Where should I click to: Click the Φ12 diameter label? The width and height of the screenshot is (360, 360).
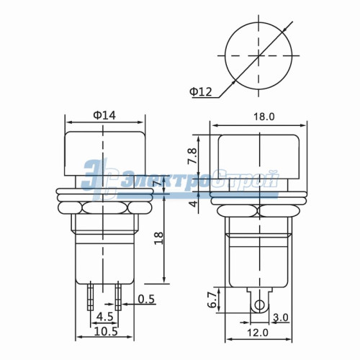pos(201,91)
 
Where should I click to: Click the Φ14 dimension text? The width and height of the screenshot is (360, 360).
pos(104,113)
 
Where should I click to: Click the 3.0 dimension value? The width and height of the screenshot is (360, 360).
pos(280,317)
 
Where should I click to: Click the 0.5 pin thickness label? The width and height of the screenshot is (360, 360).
pos(146,299)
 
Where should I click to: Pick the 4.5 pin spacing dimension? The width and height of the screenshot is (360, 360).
pos(104,316)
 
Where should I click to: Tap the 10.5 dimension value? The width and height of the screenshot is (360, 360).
pos(104,332)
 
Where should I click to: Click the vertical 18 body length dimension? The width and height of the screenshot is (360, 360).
pos(158,238)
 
